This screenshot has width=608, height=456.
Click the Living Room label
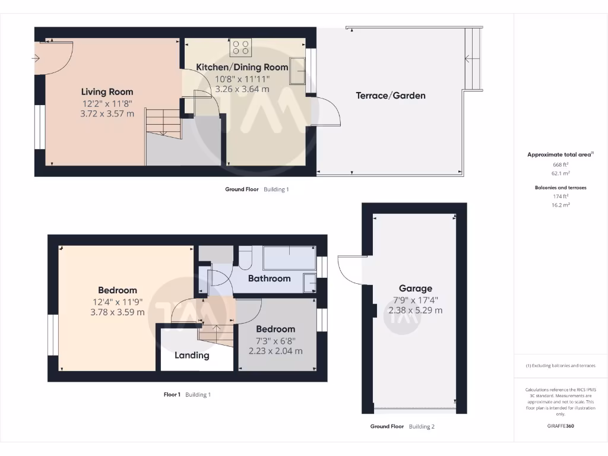point(107,92)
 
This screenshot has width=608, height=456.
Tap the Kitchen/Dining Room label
point(242,67)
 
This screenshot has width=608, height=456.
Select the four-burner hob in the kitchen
point(241,47)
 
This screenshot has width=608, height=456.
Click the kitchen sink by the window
point(297,71)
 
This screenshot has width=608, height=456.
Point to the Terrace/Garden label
point(390,95)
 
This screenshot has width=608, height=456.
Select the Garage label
point(415,289)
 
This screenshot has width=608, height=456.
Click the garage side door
point(350,270)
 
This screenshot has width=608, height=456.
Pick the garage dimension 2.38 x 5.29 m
point(415,310)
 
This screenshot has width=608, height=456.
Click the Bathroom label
point(269,278)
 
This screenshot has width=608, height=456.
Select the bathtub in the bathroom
point(289,259)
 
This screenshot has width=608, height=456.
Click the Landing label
point(192,355)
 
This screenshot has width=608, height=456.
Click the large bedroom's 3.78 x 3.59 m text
point(118,312)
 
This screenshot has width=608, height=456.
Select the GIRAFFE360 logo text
point(560,426)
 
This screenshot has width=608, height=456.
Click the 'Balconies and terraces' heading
point(560,188)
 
